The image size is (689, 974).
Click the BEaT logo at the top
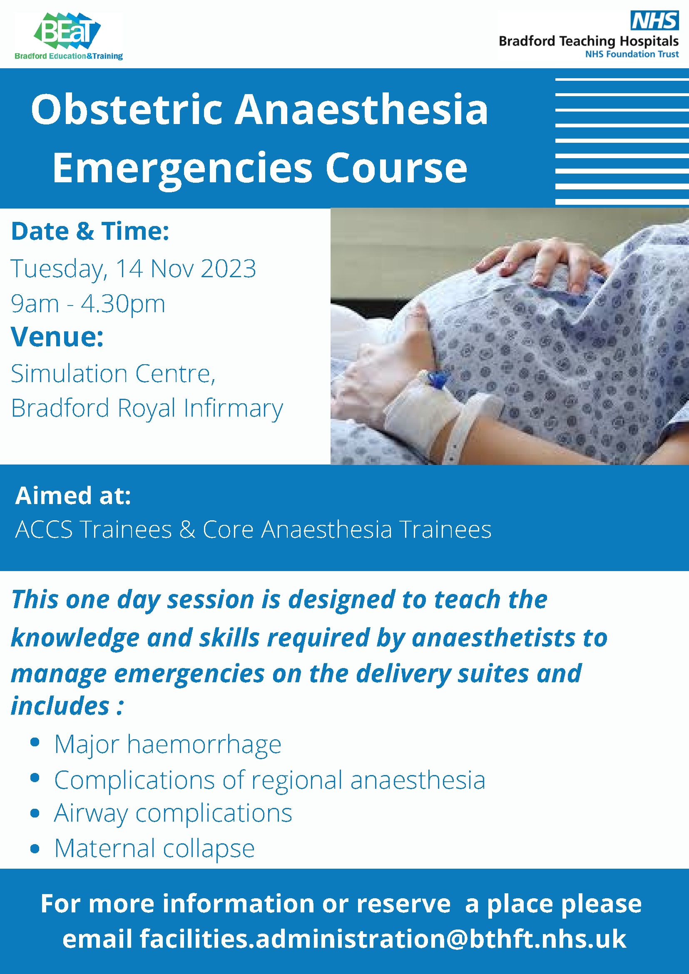pyautogui.click(x=68, y=37)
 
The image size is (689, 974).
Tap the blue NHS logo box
pyautogui.click(x=654, y=20)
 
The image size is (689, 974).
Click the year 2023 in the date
pyautogui.click(x=228, y=268)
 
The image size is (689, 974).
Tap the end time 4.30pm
pyautogui.click(x=123, y=304)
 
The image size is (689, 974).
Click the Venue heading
pyautogui.click(x=57, y=337)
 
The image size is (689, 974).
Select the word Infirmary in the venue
pyautogui.click(x=233, y=408)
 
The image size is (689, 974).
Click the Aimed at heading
pyautogui.click(x=73, y=495)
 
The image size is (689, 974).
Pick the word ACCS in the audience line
pyautogui.click(x=44, y=529)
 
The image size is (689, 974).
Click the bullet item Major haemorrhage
pyautogui.click(x=168, y=744)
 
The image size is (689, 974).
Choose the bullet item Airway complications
pyautogui.click(x=173, y=814)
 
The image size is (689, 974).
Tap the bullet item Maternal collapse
pyautogui.click(x=154, y=848)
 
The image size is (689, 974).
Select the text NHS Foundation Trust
pyautogui.click(x=632, y=54)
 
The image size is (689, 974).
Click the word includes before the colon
pyautogui.click(x=60, y=706)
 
